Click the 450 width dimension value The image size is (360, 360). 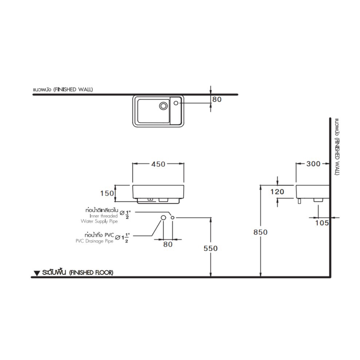(x=158, y=164)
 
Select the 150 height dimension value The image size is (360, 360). (x=107, y=193)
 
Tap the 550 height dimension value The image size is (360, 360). (x=211, y=248)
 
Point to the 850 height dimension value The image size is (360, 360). (x=261, y=232)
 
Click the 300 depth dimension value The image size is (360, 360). (x=313, y=164)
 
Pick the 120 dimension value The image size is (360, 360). (x=277, y=192)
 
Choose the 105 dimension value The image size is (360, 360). (x=322, y=223)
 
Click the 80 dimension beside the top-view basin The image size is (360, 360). (x=217, y=99)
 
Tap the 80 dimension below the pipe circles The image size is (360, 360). (x=168, y=244)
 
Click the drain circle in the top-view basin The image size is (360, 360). (x=164, y=106)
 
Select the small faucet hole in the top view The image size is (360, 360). (x=176, y=103)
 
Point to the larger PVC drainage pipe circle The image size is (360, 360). (x=163, y=218)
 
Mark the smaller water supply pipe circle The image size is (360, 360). (x=172, y=218)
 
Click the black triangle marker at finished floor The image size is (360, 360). (x=37, y=273)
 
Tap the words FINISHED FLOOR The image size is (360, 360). (x=91, y=273)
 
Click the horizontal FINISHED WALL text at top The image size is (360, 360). (x=73, y=90)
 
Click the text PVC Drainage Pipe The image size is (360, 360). (x=94, y=241)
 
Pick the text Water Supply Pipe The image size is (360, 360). (x=99, y=221)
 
